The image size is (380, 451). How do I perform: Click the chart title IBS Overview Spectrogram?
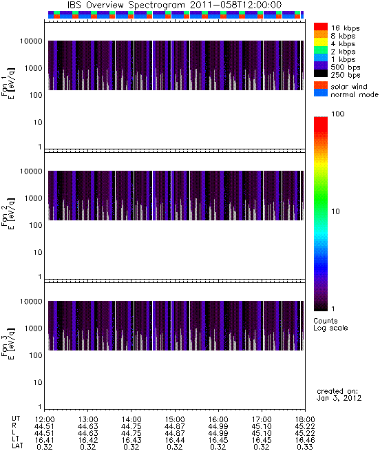pos(126,6)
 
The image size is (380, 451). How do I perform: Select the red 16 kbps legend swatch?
pos(321,27)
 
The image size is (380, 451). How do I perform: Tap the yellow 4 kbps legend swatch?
pos(321,42)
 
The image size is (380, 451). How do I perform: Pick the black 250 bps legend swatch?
pos(321,74)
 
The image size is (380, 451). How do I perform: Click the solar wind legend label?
pos(349,87)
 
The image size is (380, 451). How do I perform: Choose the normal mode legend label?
pos(355,94)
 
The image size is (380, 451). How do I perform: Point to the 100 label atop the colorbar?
pos(338,114)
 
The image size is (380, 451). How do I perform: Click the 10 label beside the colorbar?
pos(336,211)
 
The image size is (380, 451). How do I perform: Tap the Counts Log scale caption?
pos(330,324)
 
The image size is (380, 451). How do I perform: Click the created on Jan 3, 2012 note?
pos(339,395)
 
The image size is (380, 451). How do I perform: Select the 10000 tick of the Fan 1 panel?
pos(31,41)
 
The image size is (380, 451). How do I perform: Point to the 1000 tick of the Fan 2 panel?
pos(33,198)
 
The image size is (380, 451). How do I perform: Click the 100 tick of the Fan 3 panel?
pos(36,355)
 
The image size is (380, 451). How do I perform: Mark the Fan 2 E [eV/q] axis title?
pos(8,213)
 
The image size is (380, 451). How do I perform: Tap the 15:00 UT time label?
pos(175,419)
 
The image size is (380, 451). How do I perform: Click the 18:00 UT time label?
pos(305,419)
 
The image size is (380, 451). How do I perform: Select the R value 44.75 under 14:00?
pos(131,426)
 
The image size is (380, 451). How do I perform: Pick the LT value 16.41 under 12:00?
pos(44,440)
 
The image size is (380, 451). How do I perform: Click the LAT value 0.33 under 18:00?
pos(305,447)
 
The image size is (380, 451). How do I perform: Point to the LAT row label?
pos(17,446)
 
